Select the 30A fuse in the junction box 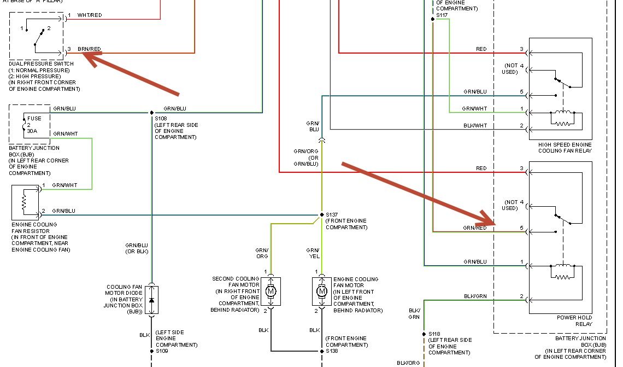[31, 125]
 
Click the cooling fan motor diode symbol [151, 300]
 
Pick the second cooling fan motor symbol [271, 292]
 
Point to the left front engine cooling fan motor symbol [321, 292]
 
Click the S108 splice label [161, 119]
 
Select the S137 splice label [332, 215]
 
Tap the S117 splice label [442, 15]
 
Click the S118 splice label [434, 334]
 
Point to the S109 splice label [161, 351]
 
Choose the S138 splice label [332, 351]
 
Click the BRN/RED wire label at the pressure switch [89, 49]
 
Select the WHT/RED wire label [90, 15]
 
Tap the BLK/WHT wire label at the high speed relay [475, 126]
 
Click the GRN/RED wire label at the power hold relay [474, 228]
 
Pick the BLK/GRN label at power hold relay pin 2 [475, 296]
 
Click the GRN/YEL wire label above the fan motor [314, 253]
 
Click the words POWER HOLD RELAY [574, 321]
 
